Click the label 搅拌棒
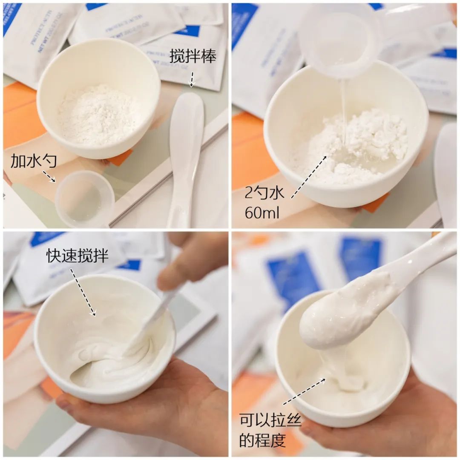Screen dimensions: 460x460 [193, 56]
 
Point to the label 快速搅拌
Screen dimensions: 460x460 [78, 256]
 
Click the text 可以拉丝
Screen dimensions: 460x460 [270, 421]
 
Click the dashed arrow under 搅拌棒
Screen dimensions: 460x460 [192, 79]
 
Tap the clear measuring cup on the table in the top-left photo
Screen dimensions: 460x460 [84, 199]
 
